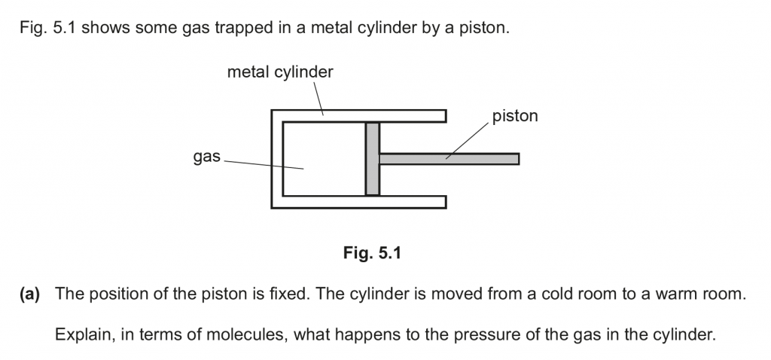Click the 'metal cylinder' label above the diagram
pyautogui.click(x=280, y=72)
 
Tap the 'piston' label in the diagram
pyautogui.click(x=515, y=116)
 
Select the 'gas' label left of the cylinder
pyautogui.click(x=206, y=157)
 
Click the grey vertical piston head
pyautogui.click(x=372, y=158)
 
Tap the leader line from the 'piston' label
pyautogui.click(x=467, y=140)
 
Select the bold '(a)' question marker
pyautogui.click(x=33, y=294)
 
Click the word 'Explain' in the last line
pyautogui.click(x=81, y=332)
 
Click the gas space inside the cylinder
pyautogui.click(x=324, y=158)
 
